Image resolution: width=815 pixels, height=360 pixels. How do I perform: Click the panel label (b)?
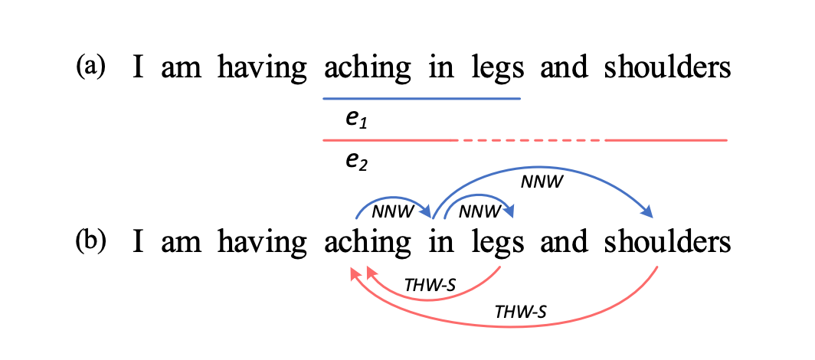pos(90,242)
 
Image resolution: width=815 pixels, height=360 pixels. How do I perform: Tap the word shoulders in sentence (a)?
pos(666,68)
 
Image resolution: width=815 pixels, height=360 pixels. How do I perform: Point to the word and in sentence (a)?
pos(564,68)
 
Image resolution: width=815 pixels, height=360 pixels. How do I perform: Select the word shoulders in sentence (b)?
pos(666,242)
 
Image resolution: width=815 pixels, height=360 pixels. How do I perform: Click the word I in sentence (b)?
pos(139,242)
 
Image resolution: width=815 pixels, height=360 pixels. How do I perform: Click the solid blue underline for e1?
pos(421,99)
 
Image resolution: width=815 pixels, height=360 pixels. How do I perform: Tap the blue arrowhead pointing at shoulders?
pos(648,212)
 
